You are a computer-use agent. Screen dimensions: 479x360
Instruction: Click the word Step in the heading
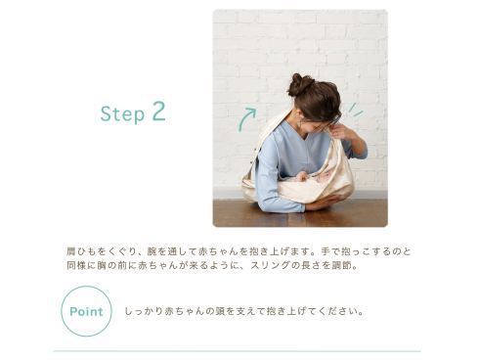[x=122, y=113]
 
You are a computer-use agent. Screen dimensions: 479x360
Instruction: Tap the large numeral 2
[x=158, y=112]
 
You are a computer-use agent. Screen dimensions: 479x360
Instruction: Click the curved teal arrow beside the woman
[x=246, y=119]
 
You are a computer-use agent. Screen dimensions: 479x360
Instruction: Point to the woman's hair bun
[x=298, y=84]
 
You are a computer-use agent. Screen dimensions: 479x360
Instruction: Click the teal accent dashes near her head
[x=355, y=110]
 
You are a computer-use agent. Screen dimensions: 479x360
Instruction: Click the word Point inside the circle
[x=86, y=311]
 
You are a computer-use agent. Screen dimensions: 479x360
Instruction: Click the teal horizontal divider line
[x=237, y=351]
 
